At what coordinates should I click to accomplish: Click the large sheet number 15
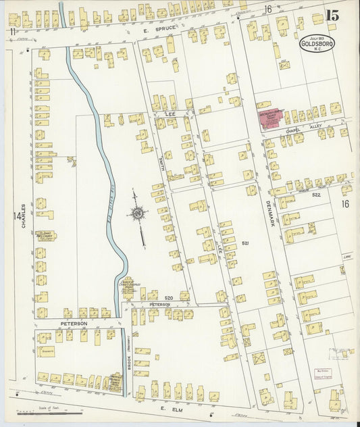coord(332,16)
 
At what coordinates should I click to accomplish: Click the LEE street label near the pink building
coord(170,116)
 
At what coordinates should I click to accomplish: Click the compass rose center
coord(138,214)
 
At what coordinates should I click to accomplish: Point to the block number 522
coord(315,194)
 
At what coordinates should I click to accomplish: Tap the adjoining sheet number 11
coord(11,32)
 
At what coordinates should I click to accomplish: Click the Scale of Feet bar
coord(51,412)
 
